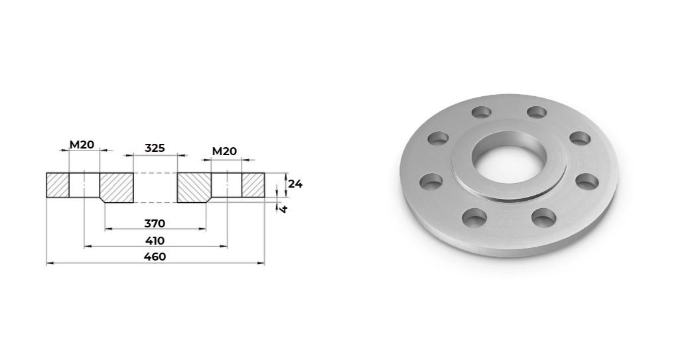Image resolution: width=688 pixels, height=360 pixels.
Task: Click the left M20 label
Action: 82,145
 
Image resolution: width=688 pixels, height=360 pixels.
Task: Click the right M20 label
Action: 224,151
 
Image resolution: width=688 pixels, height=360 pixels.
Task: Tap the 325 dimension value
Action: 155,148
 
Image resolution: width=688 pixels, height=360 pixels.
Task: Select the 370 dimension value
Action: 155,223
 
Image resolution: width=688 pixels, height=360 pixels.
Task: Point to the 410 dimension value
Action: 155,241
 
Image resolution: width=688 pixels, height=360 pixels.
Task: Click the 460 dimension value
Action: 155,257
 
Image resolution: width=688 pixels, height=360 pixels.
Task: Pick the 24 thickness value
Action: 295,184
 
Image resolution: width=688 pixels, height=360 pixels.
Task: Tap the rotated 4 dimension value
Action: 283,209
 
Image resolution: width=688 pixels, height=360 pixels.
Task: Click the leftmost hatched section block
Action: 58,185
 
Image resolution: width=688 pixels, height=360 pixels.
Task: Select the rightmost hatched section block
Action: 253,185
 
